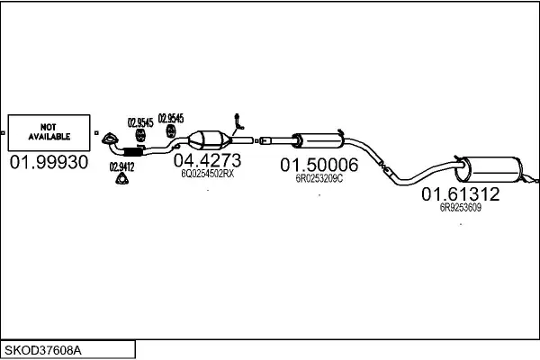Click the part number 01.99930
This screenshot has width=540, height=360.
[x=49, y=162]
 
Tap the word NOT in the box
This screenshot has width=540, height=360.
[x=49, y=127]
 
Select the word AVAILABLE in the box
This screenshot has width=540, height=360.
[x=49, y=137]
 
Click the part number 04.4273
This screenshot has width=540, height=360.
[x=207, y=160]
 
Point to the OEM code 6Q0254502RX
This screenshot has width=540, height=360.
[x=207, y=174]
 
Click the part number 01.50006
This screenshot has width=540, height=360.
[x=319, y=165]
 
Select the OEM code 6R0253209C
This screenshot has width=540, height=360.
[x=319, y=178]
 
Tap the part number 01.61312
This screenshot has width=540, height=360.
[x=461, y=194]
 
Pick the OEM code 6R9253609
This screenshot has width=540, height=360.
[x=461, y=207]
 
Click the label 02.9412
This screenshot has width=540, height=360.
[x=121, y=167]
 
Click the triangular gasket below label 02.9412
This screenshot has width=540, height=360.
[x=121, y=179]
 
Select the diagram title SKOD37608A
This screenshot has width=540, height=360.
[x=43, y=351]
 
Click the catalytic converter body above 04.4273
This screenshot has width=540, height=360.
[x=209, y=140]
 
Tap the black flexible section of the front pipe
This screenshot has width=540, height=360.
[x=133, y=152]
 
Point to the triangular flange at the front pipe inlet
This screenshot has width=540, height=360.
[x=110, y=139]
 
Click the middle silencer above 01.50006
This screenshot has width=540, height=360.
[x=318, y=141]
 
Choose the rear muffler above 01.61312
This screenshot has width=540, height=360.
[x=489, y=169]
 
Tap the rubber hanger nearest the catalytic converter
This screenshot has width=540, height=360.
[x=171, y=131]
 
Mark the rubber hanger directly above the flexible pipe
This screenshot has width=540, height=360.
[x=139, y=135]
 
